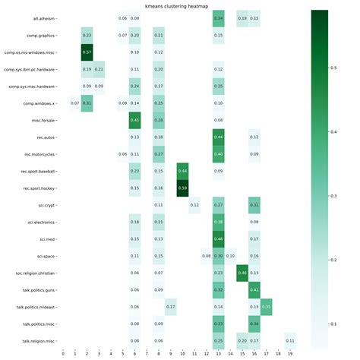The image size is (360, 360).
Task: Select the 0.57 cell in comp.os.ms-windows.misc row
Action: pos(87,52)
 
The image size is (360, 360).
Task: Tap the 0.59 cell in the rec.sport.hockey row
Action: pos(182,188)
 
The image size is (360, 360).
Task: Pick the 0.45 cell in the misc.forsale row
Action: pos(135,120)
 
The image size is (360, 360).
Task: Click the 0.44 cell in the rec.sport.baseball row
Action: pos(182,171)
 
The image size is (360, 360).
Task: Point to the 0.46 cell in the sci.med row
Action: pos(219,238)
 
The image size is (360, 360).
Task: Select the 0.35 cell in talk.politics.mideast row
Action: pos(266,306)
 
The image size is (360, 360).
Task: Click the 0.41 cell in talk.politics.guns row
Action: pos(254,289)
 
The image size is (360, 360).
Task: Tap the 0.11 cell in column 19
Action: pos(290,340)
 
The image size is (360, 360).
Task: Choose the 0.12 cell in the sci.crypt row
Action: pos(194,205)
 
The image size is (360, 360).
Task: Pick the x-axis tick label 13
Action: pos(219,354)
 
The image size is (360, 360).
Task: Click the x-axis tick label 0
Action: pos(64,354)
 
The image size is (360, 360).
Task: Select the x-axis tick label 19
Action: pos(290,354)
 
